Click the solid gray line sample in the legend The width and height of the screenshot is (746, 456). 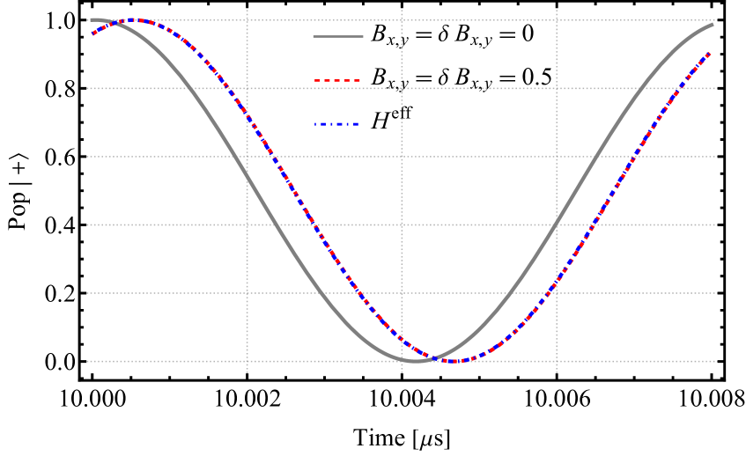(x=338, y=36)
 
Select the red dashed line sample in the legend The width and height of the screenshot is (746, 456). (x=338, y=80)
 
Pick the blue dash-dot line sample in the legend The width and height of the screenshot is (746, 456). (x=337, y=124)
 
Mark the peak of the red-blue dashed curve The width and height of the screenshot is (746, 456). (x=135, y=19)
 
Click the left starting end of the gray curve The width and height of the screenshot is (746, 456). (x=91, y=19)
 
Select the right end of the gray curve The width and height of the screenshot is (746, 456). (x=713, y=25)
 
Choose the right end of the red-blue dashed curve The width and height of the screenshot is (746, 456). (x=711, y=53)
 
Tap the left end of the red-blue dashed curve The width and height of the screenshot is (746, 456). (x=92, y=34)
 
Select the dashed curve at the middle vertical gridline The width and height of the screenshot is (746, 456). (x=402, y=339)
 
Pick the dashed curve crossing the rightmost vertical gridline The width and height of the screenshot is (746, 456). (x=557, y=283)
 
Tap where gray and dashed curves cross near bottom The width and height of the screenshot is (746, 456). (x=436, y=357)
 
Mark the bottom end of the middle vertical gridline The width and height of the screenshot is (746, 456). (x=402, y=372)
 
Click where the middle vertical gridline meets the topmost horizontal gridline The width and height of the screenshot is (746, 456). (x=402, y=20)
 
